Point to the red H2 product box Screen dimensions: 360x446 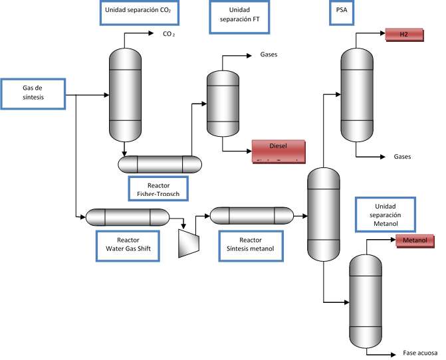[x=403, y=33]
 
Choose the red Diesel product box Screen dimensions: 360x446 [x=277, y=151]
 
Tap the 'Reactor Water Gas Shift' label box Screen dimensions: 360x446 [x=128, y=245]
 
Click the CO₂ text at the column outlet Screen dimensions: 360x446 [x=169, y=33]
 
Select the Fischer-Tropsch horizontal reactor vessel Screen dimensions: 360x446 [x=160, y=163]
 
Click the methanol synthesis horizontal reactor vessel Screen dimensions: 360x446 [x=251, y=215]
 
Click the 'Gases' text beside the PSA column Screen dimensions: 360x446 [x=402, y=157]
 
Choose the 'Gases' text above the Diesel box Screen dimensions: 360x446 [x=264, y=55]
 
